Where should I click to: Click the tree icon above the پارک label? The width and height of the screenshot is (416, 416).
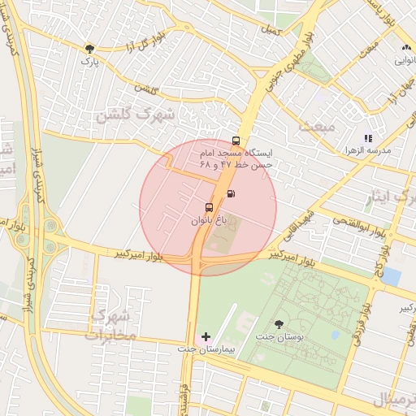click(x=89, y=49)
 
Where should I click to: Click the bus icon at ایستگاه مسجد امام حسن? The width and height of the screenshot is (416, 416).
click(x=236, y=141)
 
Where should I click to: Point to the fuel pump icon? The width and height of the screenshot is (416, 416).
click(x=232, y=193)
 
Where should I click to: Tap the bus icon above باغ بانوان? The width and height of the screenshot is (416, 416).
click(x=210, y=207)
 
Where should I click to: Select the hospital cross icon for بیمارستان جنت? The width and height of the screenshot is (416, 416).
click(x=206, y=336)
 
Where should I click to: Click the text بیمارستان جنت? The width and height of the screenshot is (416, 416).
click(x=206, y=348)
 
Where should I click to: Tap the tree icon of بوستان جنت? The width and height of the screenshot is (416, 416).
click(x=279, y=323)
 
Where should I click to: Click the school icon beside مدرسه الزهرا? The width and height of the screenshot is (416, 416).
click(x=368, y=139)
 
